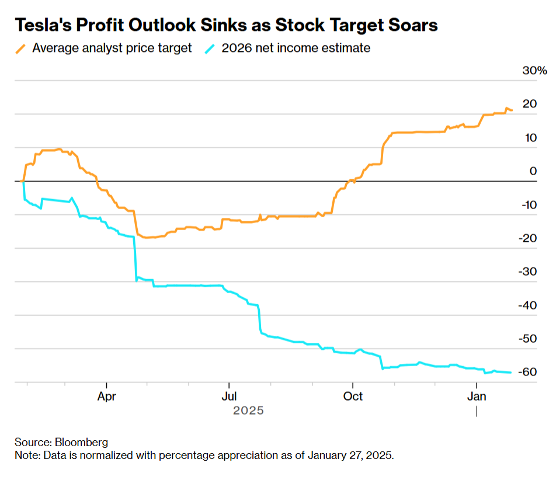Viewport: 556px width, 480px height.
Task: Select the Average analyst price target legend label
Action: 112,48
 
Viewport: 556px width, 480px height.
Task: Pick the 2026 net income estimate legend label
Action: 296,48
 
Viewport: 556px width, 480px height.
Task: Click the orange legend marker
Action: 21,48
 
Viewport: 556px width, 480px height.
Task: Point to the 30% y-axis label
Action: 534,71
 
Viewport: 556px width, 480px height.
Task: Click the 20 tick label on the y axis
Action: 530,104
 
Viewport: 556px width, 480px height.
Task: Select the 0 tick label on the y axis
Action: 533,171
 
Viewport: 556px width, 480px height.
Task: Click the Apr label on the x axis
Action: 107,396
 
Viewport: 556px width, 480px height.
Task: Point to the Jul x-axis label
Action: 229,396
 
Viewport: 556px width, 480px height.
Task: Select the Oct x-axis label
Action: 353,396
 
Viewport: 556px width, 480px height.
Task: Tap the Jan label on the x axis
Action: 477,396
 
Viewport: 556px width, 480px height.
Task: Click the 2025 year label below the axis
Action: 249,411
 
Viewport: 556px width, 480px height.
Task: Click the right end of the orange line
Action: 512,110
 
